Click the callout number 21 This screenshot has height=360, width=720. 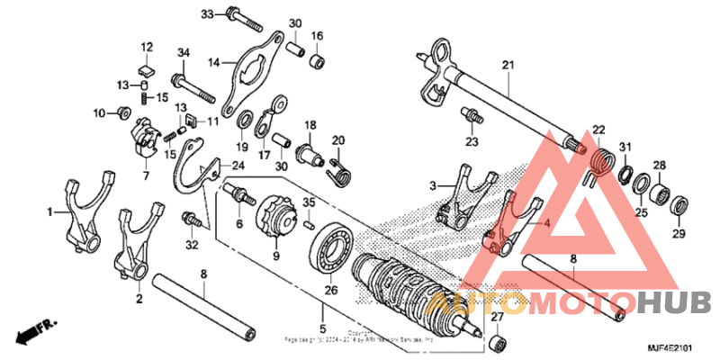pos(507,64)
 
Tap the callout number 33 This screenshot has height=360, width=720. pos(207,14)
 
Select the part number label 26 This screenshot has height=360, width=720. pos(329,290)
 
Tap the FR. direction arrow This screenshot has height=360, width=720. pos(34,329)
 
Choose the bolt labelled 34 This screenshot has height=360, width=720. pos(193,88)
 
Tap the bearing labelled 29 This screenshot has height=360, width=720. pos(679,202)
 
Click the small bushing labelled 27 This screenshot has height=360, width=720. pos(496,343)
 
